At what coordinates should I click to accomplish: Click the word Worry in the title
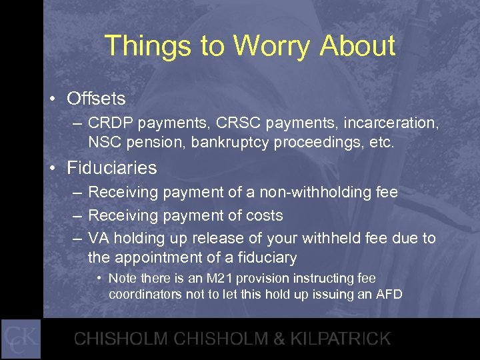click(x=273, y=46)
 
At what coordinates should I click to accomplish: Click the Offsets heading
click(x=96, y=99)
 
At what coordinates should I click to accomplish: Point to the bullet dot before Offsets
click(x=52, y=99)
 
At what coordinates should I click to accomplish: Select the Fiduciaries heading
click(x=112, y=168)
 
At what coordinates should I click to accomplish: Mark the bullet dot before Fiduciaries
click(x=52, y=169)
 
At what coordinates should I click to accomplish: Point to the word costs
click(x=265, y=215)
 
